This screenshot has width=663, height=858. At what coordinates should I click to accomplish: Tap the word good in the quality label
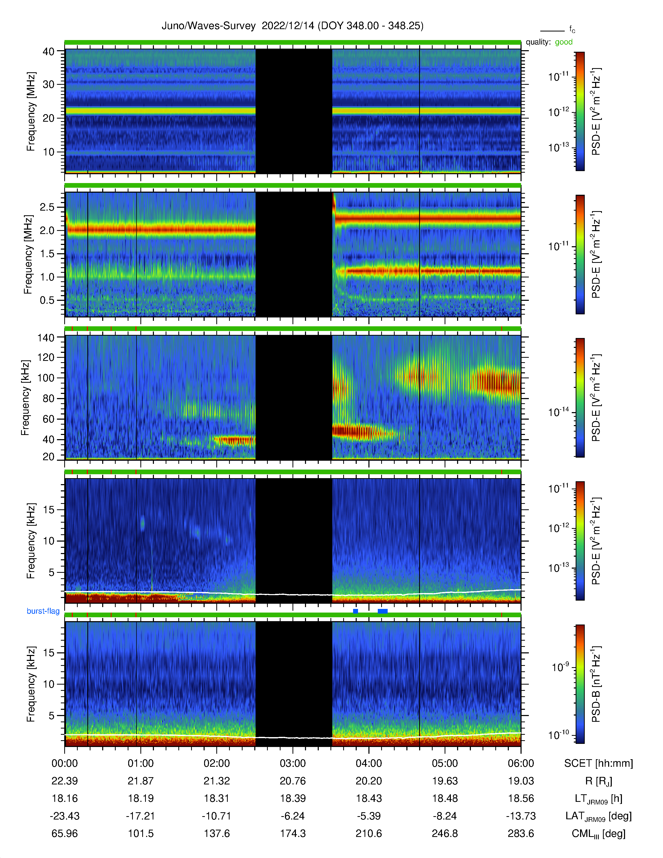(x=564, y=42)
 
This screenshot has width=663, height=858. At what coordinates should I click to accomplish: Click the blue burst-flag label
(x=43, y=611)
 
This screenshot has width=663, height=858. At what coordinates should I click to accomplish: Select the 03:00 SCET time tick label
(x=292, y=763)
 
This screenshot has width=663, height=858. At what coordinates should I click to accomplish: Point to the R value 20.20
(x=369, y=781)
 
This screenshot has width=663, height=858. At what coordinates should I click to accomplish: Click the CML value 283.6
(x=521, y=834)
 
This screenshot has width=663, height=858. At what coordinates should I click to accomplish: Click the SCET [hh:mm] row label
(x=599, y=763)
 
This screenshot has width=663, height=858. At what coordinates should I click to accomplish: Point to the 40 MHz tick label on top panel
(x=49, y=51)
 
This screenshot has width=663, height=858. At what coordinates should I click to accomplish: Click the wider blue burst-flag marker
(x=382, y=611)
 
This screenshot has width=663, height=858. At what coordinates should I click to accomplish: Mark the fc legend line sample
(x=552, y=31)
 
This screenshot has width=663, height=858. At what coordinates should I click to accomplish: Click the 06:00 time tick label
(x=521, y=763)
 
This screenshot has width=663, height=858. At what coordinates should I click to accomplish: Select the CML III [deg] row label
(x=599, y=834)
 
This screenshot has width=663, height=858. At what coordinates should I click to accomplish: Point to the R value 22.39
(x=65, y=781)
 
